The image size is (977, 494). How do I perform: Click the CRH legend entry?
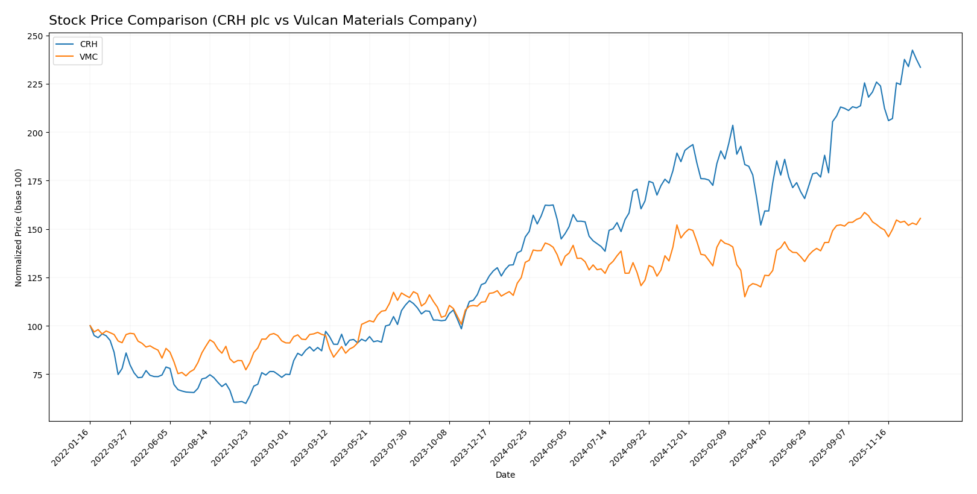[88, 45]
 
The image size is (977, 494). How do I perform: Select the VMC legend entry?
[88, 57]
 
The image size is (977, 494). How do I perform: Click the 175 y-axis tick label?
[35, 181]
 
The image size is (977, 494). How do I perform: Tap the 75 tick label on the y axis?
[37, 375]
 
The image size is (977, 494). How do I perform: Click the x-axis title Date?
[505, 475]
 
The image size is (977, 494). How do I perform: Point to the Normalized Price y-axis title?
[19, 227]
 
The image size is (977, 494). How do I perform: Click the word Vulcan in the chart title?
[312, 21]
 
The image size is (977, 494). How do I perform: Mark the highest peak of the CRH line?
[912, 50]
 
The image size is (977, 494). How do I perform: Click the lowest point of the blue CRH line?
[245, 404]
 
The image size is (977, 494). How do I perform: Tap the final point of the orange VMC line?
[920, 218]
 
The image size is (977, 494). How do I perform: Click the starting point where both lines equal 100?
[90, 326]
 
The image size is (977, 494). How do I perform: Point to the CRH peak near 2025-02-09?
[732, 125]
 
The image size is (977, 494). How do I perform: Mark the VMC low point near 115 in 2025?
[744, 296]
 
